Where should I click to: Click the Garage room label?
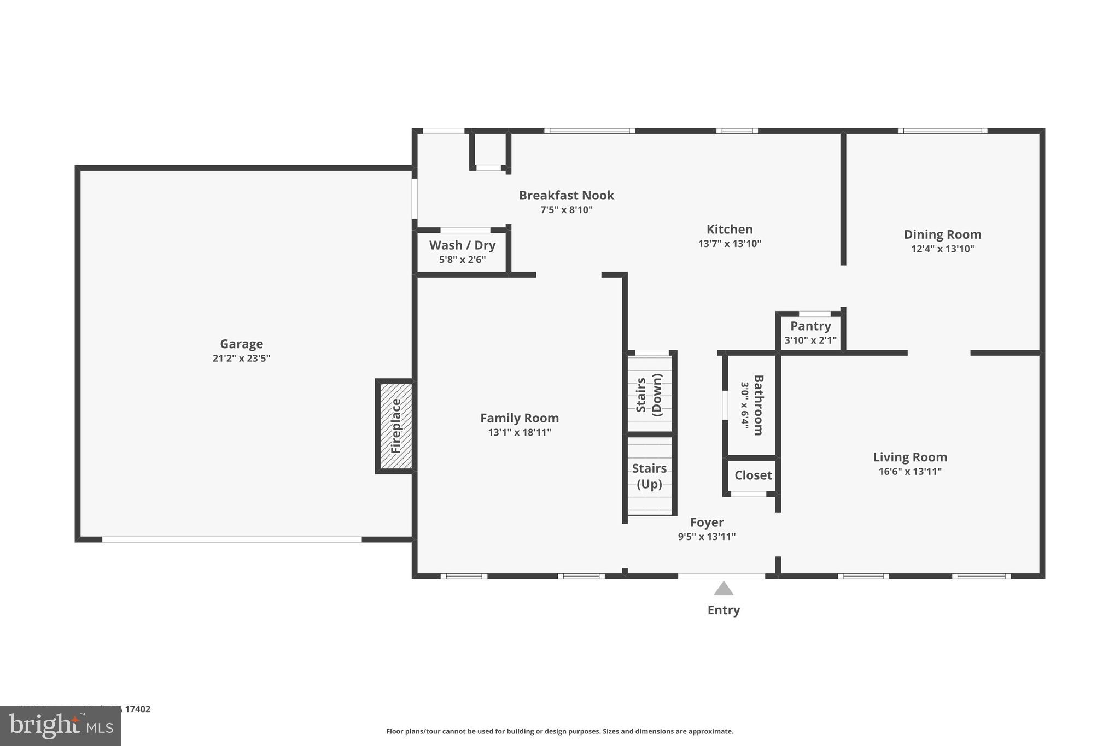click(241, 344)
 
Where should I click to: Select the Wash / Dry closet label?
click(462, 245)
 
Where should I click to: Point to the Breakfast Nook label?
click(567, 195)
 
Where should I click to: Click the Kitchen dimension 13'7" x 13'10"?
click(730, 244)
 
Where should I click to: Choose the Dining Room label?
click(942, 234)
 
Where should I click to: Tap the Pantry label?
click(810, 326)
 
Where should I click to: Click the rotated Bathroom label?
click(758, 405)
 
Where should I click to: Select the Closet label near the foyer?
click(753, 475)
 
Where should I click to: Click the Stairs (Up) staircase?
click(650, 476)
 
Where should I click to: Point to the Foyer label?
click(707, 522)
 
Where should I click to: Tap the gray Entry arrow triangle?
click(724, 589)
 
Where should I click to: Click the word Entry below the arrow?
click(724, 610)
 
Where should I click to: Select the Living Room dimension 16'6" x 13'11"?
click(910, 472)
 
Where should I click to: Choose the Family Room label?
click(520, 418)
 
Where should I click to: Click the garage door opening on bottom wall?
click(232, 539)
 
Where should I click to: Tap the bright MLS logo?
click(60, 726)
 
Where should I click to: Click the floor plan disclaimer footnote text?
click(559, 731)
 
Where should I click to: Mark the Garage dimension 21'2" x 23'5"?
click(241, 359)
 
